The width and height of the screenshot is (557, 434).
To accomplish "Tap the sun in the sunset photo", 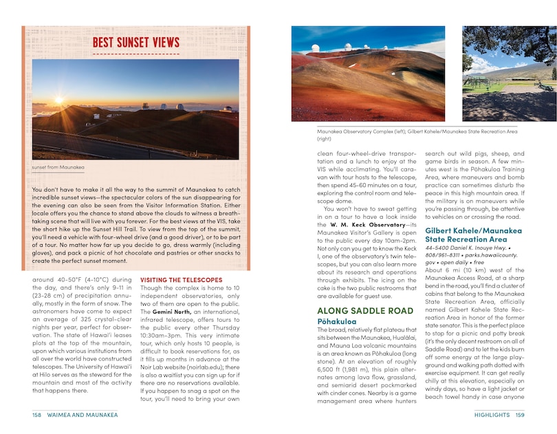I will click(x=58, y=100).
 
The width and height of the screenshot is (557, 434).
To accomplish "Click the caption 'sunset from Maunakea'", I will click(x=58, y=167).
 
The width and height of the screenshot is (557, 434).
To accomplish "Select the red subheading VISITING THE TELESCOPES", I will click(x=181, y=280).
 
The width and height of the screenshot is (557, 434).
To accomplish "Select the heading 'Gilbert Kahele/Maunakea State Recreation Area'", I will click(x=473, y=235).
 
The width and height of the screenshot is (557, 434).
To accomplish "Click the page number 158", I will click(x=37, y=415).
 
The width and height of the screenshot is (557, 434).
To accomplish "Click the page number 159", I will click(x=520, y=415).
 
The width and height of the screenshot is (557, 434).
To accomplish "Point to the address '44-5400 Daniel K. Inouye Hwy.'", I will click(x=470, y=247).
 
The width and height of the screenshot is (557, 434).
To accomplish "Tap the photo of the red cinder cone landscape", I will click(x=368, y=74).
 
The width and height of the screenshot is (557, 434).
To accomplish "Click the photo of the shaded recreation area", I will click(x=509, y=74).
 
